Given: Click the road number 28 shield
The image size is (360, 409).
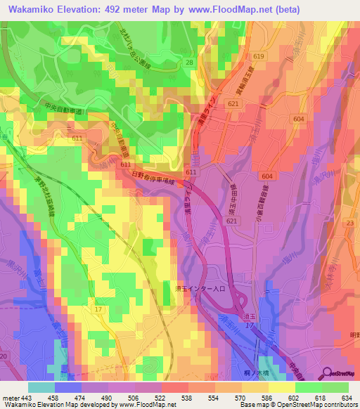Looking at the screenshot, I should [x=189, y=63].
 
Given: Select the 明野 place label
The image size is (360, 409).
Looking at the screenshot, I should [x=353, y=335].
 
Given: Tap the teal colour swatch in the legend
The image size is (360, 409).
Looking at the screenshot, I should [x=41, y=387].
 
